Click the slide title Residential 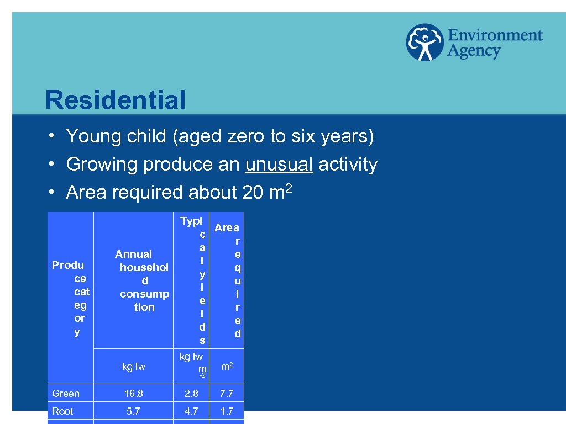pos(116,100)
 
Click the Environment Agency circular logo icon pos(424,43)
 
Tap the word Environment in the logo pos(495,35)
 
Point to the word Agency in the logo pos(474,52)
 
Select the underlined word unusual pos(280,165)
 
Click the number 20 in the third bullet pos(253,193)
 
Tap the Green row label pos(66,394)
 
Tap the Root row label pos(62,411)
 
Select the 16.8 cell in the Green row pos(133,394)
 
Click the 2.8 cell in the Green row pos(191,394)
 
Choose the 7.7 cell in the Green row pos(227,394)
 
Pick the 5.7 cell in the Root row pos(133,411)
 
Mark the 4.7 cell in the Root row pos(191,411)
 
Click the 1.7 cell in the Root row pos(227,411)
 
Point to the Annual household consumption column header pos(143,280)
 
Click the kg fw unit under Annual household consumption pos(133,367)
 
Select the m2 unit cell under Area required pos(227,367)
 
